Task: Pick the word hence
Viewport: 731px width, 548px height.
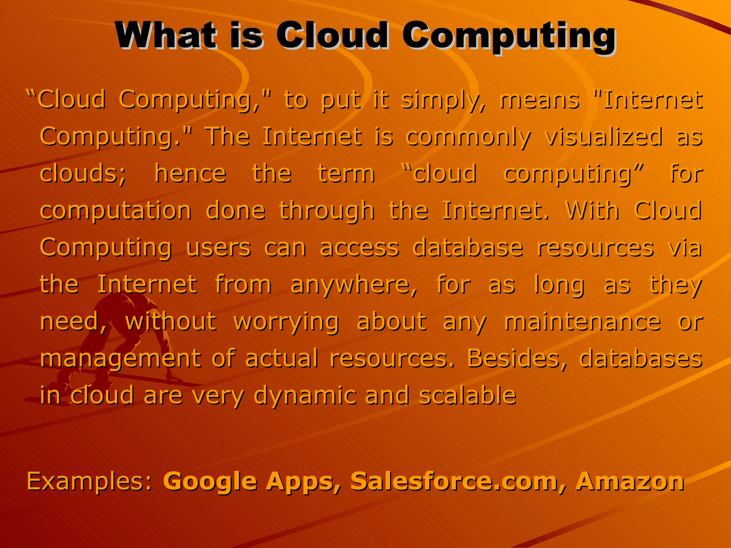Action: pos(190,174)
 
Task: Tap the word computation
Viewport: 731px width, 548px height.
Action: pos(116,211)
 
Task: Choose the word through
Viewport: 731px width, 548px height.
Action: pos(327,211)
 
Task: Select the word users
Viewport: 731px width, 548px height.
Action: pos(218,248)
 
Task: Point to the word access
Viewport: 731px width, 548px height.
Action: pos(359,248)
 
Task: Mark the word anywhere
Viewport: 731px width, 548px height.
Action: pos(354,285)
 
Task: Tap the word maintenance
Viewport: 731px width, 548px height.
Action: pos(582,322)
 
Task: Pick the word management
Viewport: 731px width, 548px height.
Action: pos(120,359)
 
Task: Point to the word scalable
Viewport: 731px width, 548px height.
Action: pos(468,396)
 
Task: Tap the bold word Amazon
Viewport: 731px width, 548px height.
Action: pos(630,481)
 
